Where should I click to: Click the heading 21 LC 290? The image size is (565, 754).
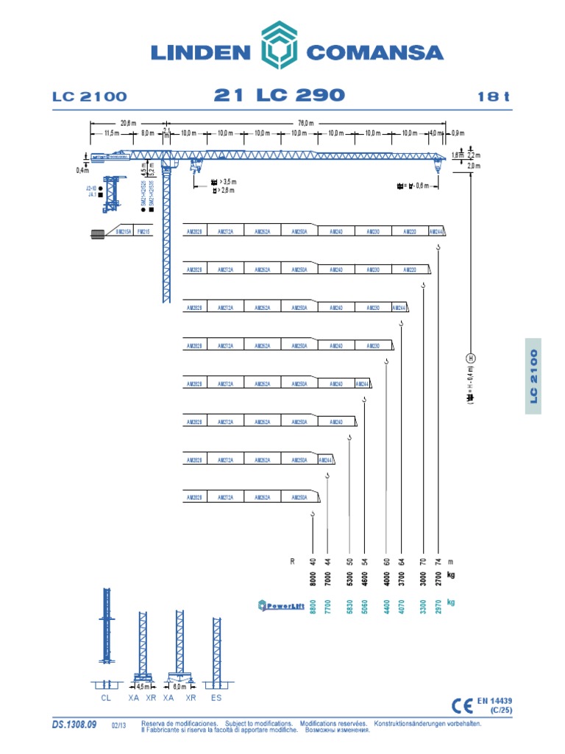coord(279,95)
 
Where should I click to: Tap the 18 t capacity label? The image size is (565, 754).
coord(492,96)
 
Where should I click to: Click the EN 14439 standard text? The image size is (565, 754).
coord(495,700)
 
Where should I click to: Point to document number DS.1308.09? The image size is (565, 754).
coord(74,725)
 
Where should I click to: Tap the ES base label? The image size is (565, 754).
coord(216,696)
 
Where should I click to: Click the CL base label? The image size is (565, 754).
coord(105,696)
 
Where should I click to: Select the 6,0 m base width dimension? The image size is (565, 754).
coord(179,686)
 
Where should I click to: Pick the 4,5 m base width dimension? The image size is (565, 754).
coord(143,686)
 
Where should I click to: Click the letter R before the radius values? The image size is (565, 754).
coord(292,561)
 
